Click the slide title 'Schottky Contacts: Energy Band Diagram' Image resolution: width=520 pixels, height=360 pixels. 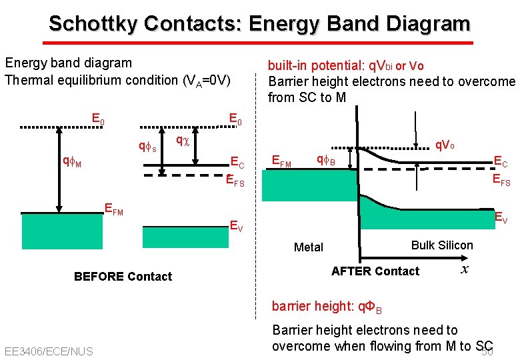(x=259, y=24)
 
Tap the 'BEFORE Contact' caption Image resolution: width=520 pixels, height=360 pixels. (x=123, y=277)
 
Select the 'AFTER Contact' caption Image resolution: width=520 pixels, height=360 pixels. (x=375, y=271)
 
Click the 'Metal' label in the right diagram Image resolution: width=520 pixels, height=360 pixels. (x=308, y=247)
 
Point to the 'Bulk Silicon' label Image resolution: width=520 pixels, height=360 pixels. (x=442, y=245)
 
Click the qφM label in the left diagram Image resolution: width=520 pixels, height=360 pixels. (x=72, y=161)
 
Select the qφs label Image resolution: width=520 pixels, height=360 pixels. (x=147, y=147)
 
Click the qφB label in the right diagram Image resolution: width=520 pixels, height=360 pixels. (x=325, y=160)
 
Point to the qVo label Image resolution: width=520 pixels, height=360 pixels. (x=445, y=145)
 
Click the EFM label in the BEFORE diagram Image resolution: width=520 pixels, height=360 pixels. (x=114, y=211)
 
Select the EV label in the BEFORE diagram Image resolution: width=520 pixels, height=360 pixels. (x=236, y=225)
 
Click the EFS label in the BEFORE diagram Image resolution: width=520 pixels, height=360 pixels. (x=235, y=180)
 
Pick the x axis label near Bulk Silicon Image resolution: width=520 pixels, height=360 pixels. (x=464, y=269)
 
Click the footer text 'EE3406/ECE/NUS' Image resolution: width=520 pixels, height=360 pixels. (x=49, y=351)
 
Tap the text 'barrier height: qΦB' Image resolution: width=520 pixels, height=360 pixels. (x=327, y=307)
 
